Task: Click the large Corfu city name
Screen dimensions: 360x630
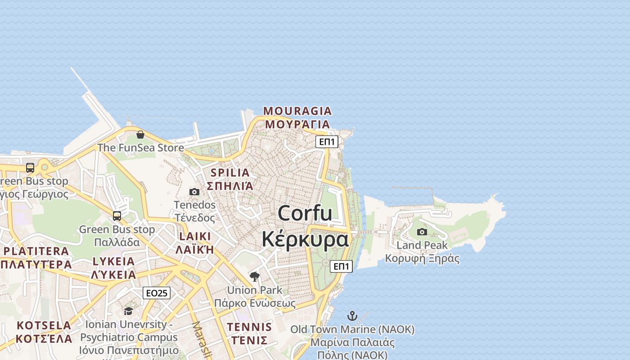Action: coord(305,213)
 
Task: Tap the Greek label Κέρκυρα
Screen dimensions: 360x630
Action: coord(305,239)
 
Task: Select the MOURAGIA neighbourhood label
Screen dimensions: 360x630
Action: coord(297,111)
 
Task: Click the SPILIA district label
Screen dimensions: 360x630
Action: coord(230,173)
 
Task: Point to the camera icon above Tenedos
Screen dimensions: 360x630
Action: coord(194,192)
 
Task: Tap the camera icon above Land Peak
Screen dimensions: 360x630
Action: coord(422,232)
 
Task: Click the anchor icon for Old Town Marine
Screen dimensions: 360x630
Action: coord(352,316)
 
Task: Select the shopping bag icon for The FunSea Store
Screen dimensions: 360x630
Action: coord(140,135)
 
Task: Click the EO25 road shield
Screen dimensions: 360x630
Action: coord(157,293)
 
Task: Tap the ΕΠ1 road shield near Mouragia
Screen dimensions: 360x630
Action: coord(327,142)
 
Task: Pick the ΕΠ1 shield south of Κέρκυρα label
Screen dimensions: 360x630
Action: coord(341,266)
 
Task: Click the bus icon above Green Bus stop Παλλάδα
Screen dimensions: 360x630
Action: coord(117,216)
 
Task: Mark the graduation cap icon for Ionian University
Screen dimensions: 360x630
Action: coord(129,311)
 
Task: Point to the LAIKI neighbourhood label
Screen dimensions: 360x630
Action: coord(195,237)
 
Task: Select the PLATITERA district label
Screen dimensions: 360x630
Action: coord(36,252)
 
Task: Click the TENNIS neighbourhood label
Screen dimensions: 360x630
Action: coord(249,327)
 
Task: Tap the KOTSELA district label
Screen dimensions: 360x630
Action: coord(44,325)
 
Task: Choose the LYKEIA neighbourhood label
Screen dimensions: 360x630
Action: coord(113,261)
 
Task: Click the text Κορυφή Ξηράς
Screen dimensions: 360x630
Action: coord(422,259)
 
